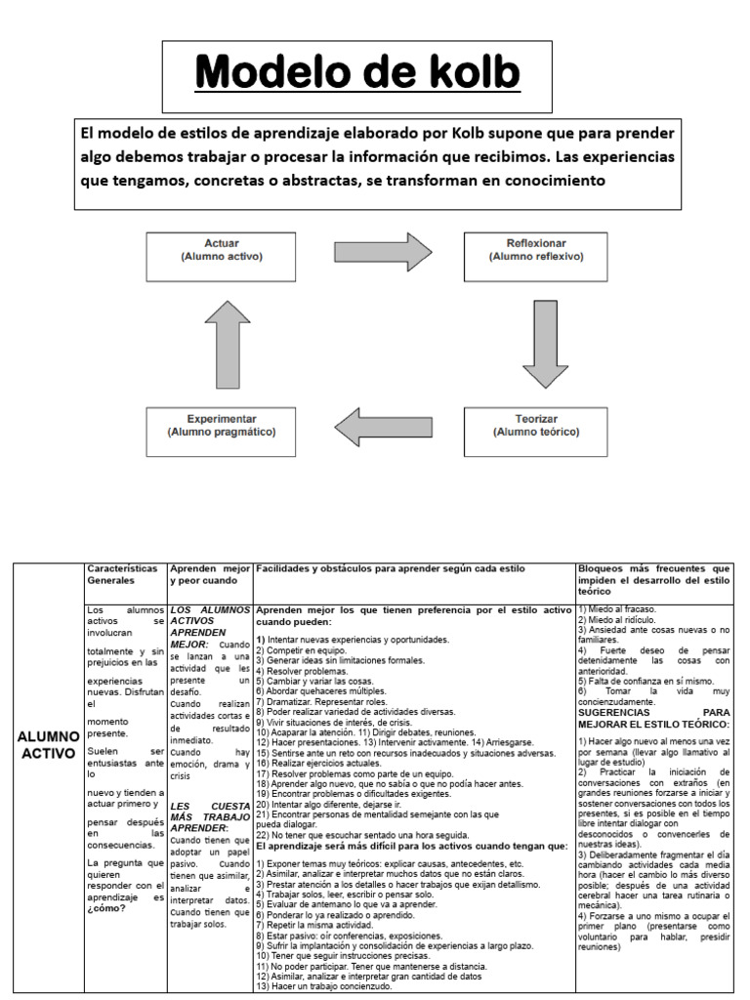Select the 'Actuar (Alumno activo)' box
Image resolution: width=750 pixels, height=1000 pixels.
[x=222, y=256]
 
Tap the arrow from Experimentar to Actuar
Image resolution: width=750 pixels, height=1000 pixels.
[x=229, y=343]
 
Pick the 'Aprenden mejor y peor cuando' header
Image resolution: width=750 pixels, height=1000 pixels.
[x=210, y=573]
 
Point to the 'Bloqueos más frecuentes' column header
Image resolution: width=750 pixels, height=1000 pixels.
[x=653, y=579]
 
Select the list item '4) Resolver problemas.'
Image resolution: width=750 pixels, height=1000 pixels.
[x=303, y=672]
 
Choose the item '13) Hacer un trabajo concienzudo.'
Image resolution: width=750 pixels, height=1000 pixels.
[x=324, y=986]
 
